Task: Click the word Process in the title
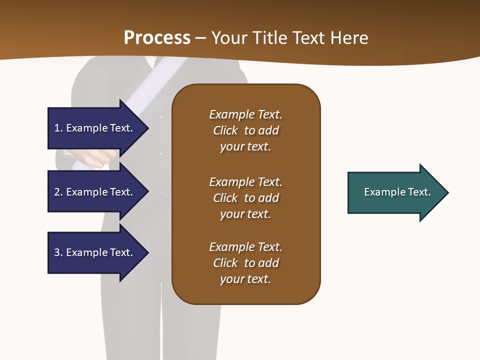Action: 157,38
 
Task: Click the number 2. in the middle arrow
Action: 58,192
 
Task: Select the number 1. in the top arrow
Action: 58,128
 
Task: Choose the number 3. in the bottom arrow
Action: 58,252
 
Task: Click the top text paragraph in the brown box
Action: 245,130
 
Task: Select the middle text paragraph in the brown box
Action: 245,198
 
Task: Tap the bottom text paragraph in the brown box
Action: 245,263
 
